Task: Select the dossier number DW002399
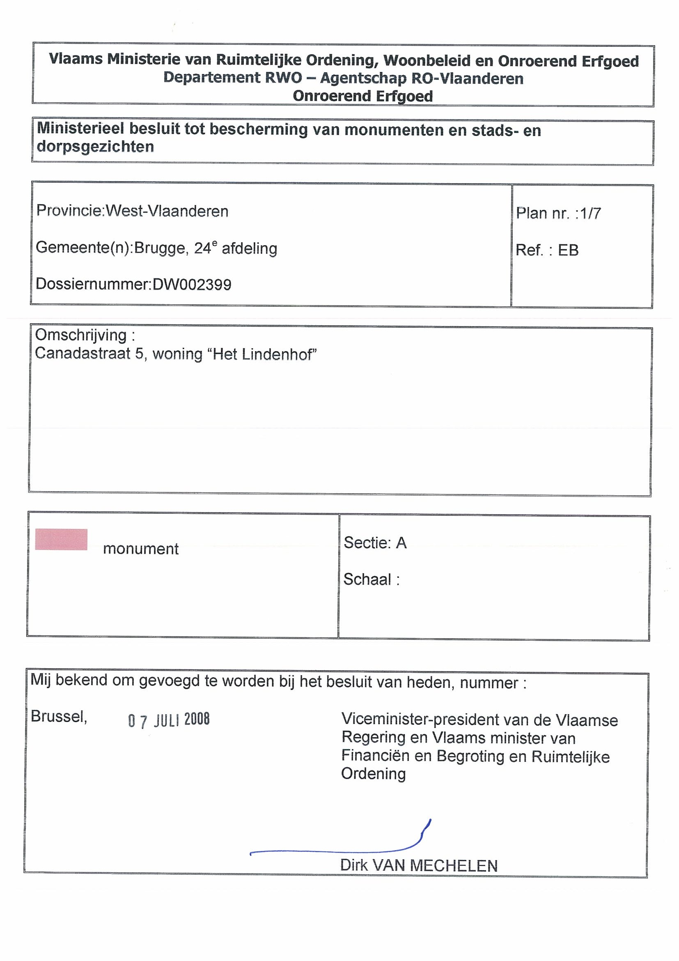pyautogui.click(x=192, y=285)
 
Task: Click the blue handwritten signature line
pyautogui.click(x=335, y=850)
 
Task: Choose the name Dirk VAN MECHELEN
pyautogui.click(x=419, y=866)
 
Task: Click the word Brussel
pyautogui.click(x=59, y=717)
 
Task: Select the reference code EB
pyautogui.click(x=568, y=250)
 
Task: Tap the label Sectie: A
pyautogui.click(x=375, y=543)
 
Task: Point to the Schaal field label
pyautogui.click(x=371, y=579)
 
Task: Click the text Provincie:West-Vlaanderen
pyautogui.click(x=132, y=211)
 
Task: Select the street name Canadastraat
pyautogui.click(x=83, y=354)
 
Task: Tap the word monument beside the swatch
pyautogui.click(x=140, y=549)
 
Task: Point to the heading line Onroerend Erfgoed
pyautogui.click(x=363, y=96)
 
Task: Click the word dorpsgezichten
pyautogui.click(x=95, y=147)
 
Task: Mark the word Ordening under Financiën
pyautogui.click(x=373, y=773)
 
